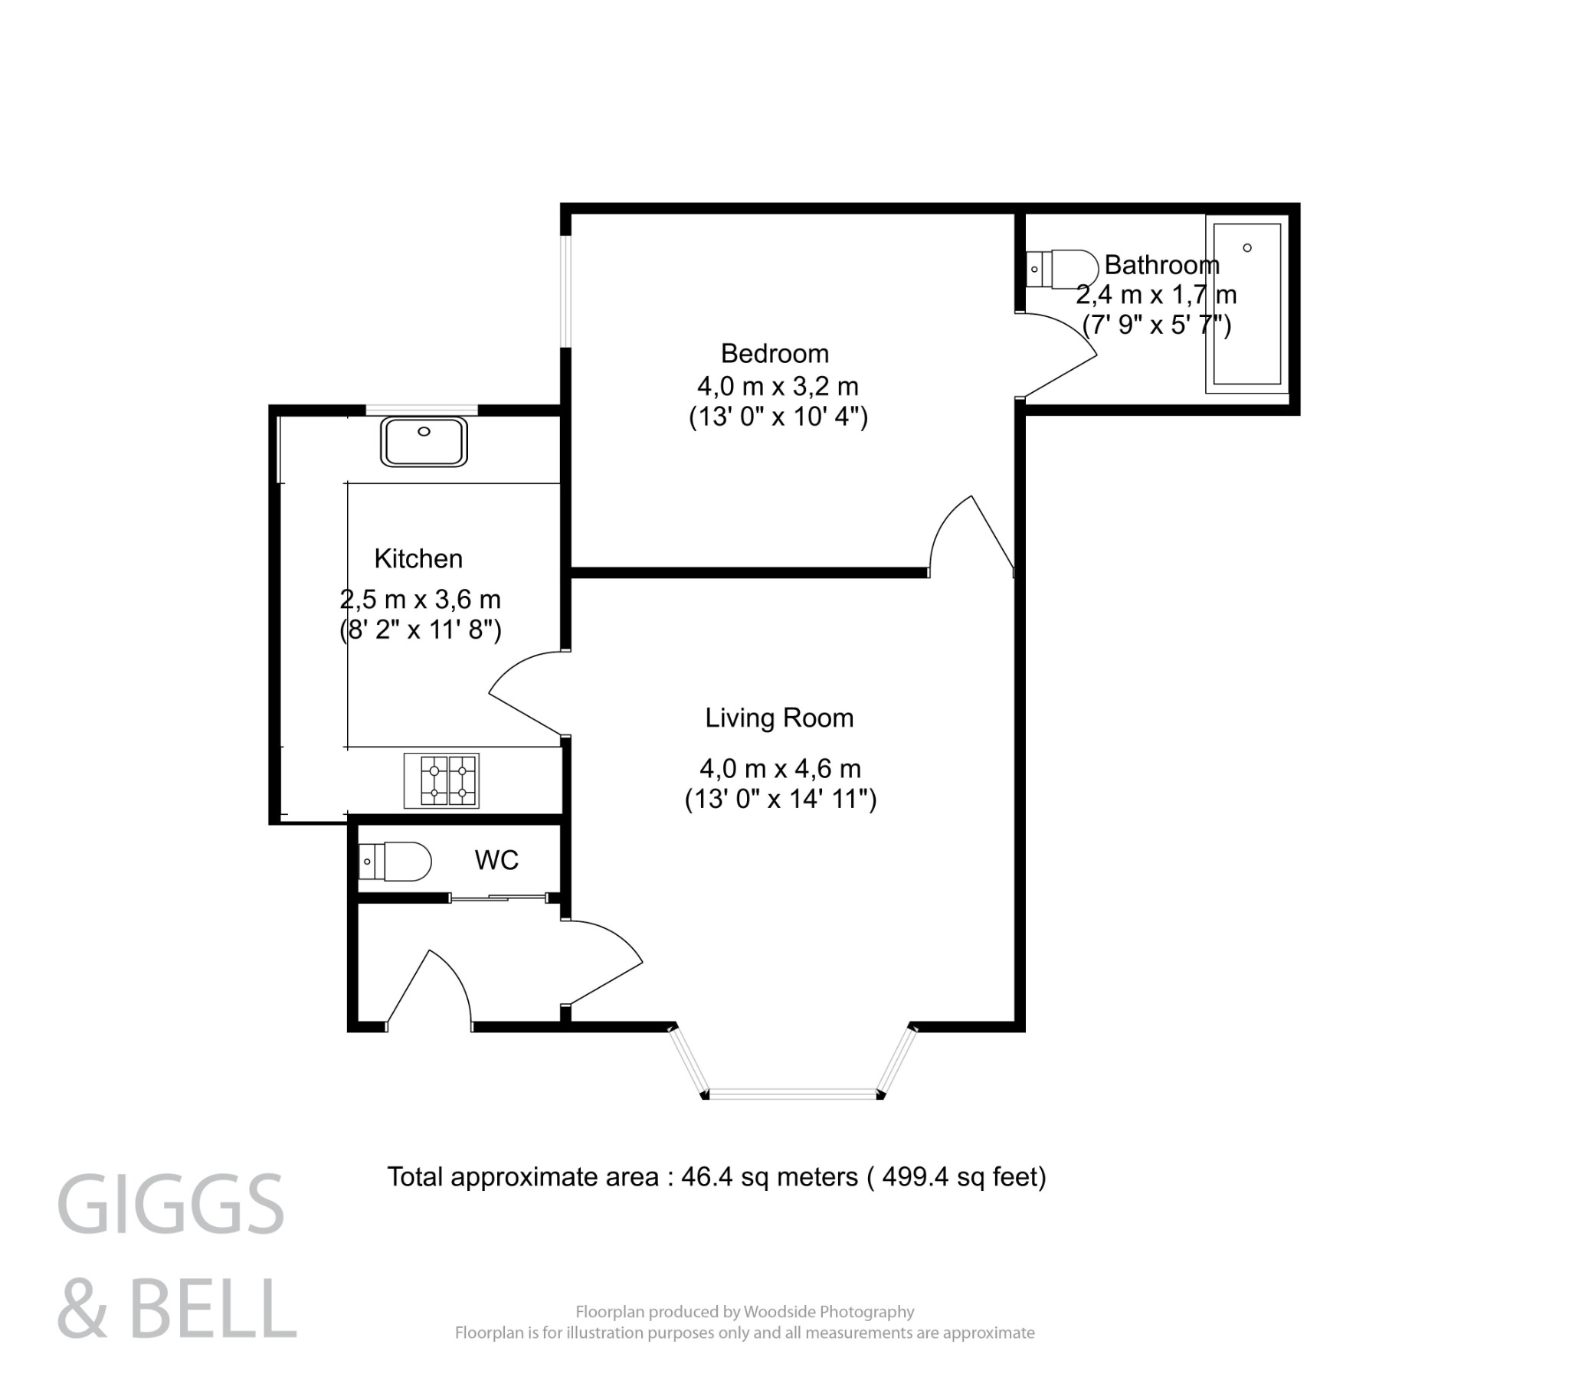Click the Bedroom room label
click(x=775, y=354)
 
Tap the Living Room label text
click(x=779, y=718)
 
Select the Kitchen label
click(x=418, y=559)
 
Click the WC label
click(x=496, y=860)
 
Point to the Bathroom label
click(x=1161, y=266)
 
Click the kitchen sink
click(x=424, y=441)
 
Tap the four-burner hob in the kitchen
click(x=441, y=780)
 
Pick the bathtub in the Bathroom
click(x=1246, y=304)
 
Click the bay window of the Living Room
click(x=792, y=1092)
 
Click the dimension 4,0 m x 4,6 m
click(x=780, y=768)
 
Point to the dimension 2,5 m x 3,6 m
click(x=420, y=599)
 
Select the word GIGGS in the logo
click(x=170, y=1205)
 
